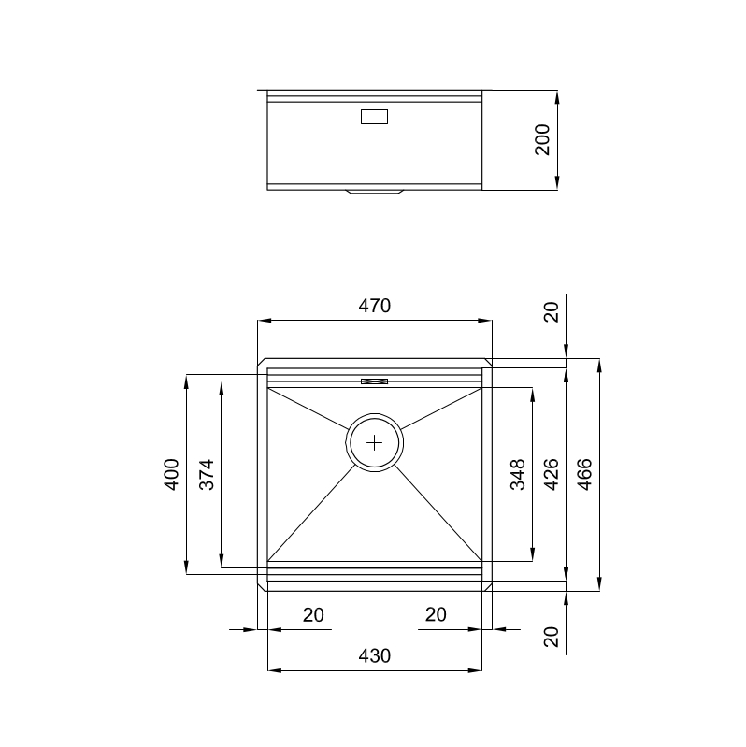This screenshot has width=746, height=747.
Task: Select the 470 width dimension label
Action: point(375,306)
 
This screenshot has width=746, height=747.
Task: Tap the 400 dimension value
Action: point(172,475)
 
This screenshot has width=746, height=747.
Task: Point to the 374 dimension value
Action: point(207,475)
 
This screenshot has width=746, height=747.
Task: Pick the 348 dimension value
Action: point(518,475)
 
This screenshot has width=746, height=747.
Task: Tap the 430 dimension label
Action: point(375,656)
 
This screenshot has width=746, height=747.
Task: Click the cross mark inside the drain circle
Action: point(375,442)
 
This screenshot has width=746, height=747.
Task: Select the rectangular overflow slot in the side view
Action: point(375,118)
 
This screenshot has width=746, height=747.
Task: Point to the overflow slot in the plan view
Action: point(375,381)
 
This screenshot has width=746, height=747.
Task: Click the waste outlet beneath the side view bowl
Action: point(375,193)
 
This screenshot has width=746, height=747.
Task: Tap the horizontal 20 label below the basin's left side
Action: point(313,615)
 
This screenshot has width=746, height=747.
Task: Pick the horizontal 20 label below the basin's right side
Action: point(435,615)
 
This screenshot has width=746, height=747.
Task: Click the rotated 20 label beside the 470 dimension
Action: point(552,312)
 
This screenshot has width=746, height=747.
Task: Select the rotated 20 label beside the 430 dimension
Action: point(552,637)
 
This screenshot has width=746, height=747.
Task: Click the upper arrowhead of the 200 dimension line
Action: point(557,96)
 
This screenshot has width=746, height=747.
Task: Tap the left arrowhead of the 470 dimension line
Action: point(264,321)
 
